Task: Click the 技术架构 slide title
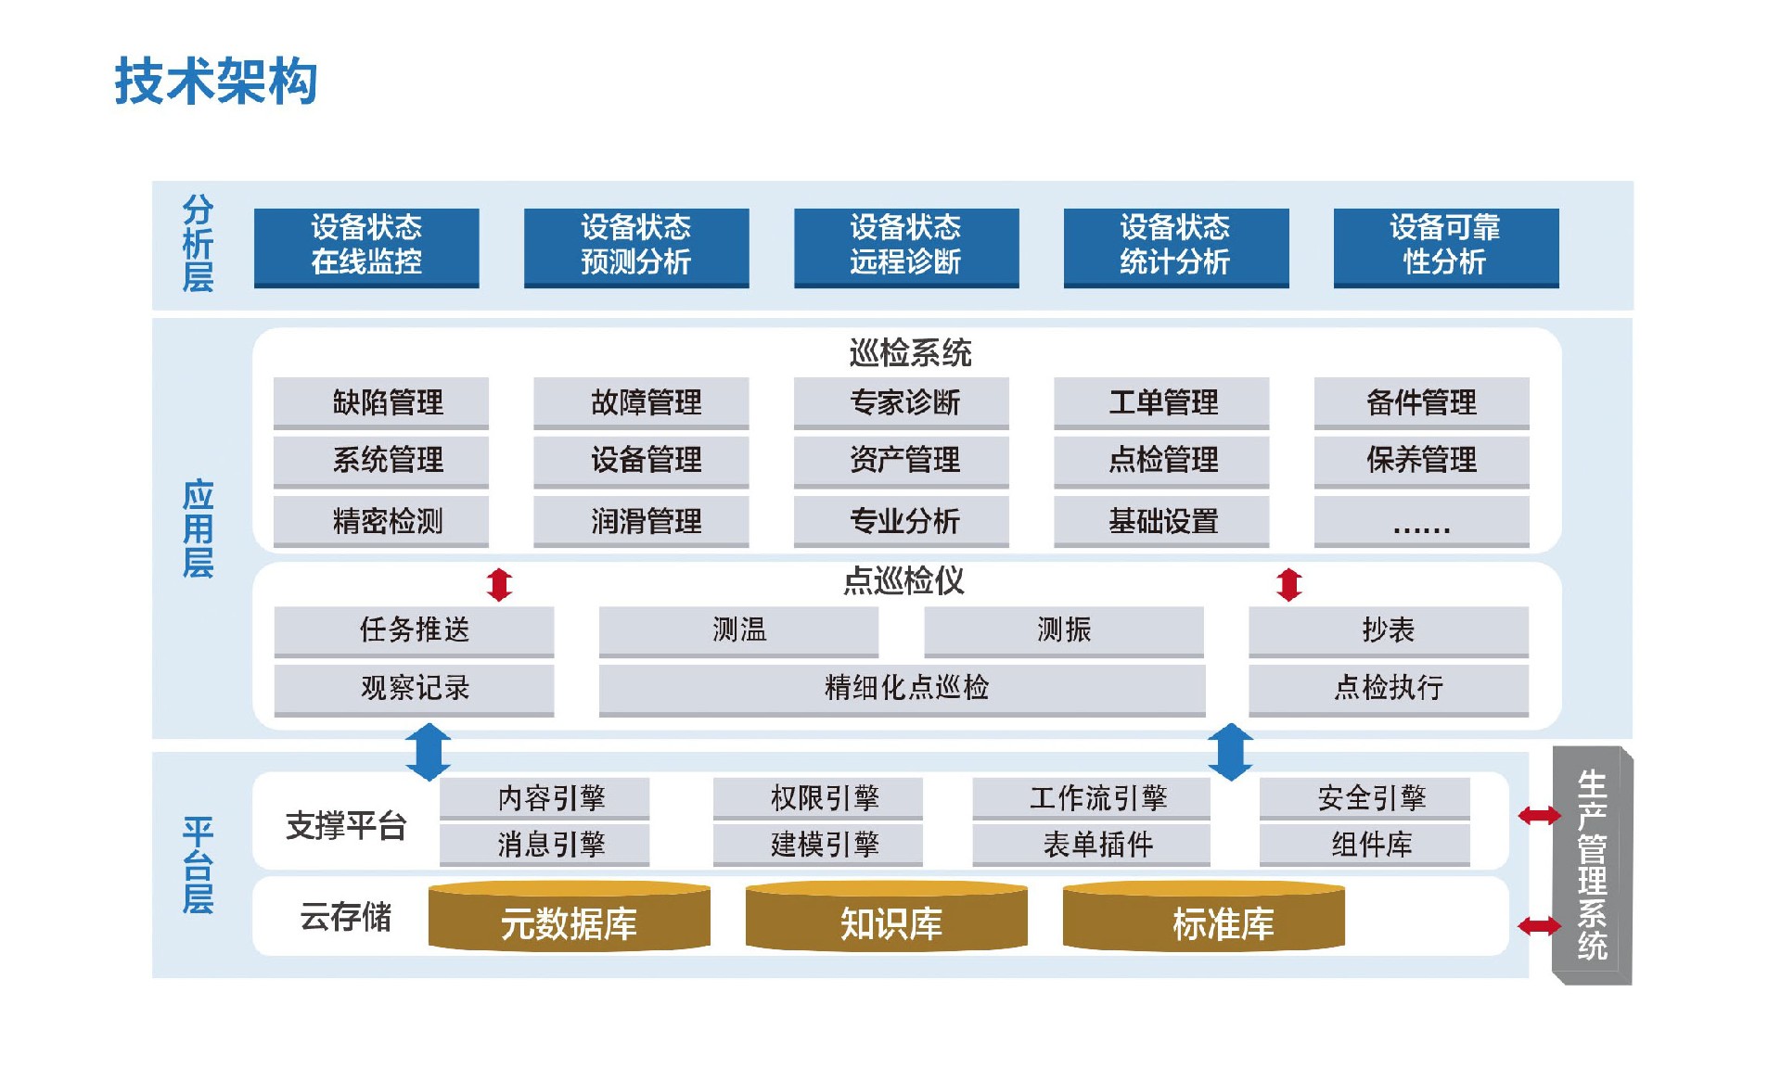coord(216,81)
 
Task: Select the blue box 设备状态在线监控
coord(366,247)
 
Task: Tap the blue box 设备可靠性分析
coord(1445,247)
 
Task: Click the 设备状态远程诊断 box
coord(905,247)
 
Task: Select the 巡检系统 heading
coord(909,352)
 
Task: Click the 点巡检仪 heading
coord(903,581)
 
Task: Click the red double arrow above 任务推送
coord(499,584)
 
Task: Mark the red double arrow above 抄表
coord(1288,584)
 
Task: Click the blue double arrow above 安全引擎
coord(1231,751)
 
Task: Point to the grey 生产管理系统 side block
coord(1591,864)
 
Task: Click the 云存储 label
coord(345,917)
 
